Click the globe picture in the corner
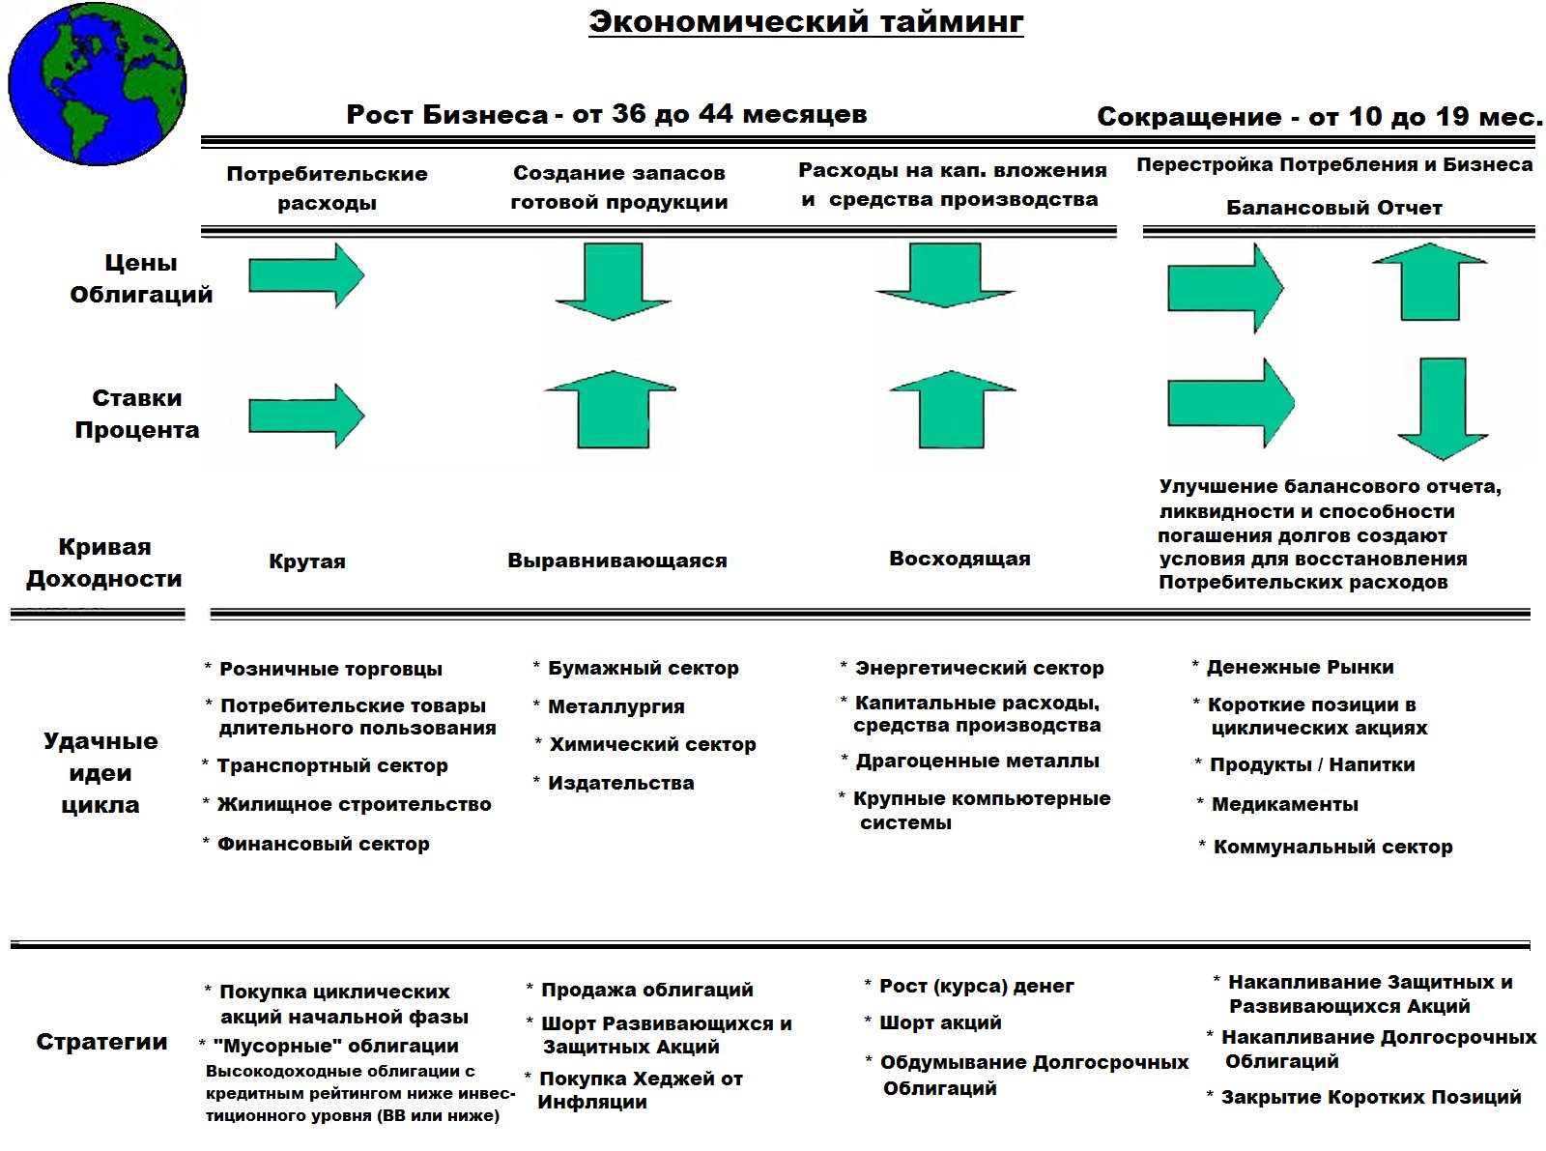97,85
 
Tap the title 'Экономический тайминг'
806,22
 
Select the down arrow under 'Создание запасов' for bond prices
614,280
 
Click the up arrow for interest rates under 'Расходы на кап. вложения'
952,409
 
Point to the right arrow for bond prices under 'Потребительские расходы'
305,275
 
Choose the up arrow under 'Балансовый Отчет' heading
1429,281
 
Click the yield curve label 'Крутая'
306,561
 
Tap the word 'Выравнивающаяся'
617,561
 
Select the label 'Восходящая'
959,559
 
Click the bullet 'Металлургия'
616,706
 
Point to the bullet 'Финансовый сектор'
323,844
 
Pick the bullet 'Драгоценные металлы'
977,761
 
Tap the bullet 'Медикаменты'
1284,804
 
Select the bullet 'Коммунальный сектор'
1332,847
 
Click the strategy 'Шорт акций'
939,1022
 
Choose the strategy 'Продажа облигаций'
646,990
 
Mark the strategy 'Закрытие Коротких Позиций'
1370,1097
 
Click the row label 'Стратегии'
101,1042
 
